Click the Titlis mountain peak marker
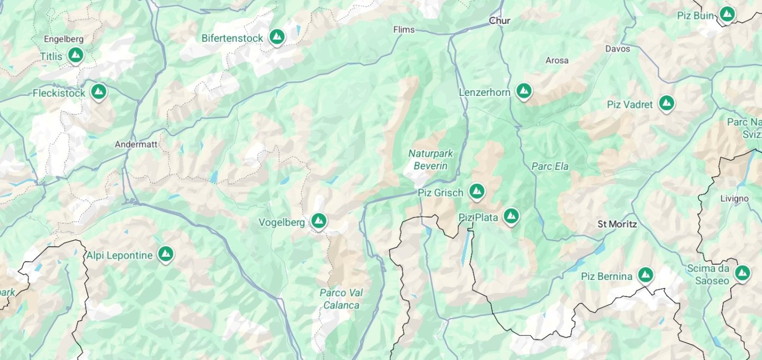pos(76,55)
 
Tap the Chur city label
pos(500,21)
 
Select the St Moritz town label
pos(617,224)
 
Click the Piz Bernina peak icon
pos(645,275)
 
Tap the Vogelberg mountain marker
pos(318,221)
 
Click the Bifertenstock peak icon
pos(276,37)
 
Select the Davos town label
pos(618,49)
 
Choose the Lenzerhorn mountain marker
pos(524,91)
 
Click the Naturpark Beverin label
pos(430,160)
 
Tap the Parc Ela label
pos(550,166)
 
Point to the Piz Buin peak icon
pos(727,14)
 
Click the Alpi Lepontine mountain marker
pos(166,254)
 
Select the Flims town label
pos(404,30)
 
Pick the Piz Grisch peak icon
pos(477,191)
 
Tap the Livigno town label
pos(734,199)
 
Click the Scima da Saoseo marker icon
pos(742,273)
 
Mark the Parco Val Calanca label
pos(341,299)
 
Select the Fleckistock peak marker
pos(98,92)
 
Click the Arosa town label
pos(557,60)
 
